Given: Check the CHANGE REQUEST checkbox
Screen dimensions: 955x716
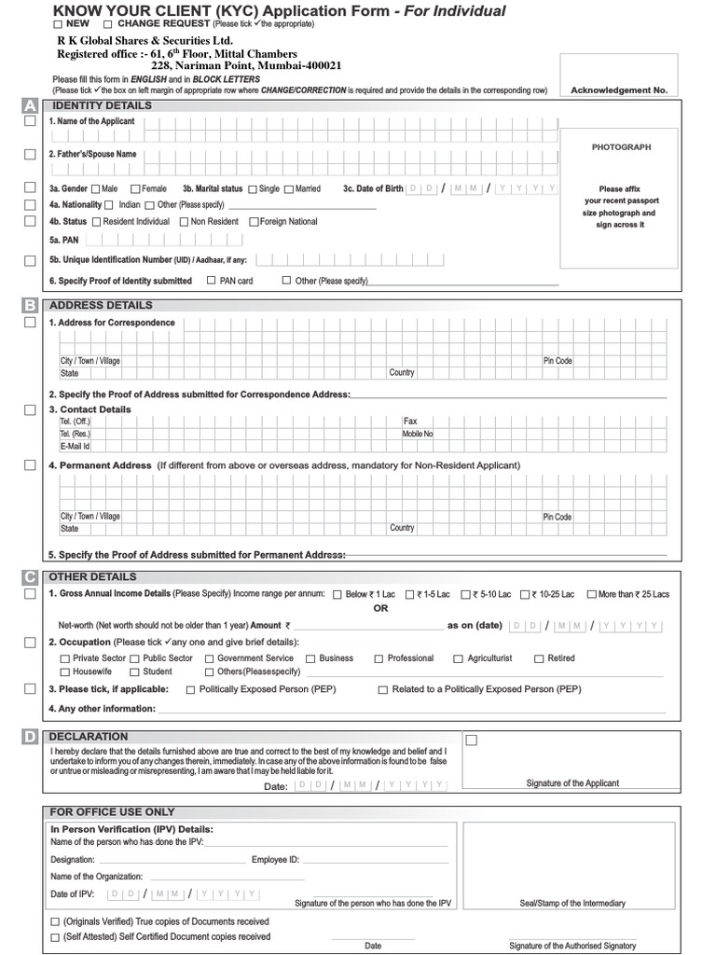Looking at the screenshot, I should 107,23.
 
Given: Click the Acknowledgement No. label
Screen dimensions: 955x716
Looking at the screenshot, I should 619,90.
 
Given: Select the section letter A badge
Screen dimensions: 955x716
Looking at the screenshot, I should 30,106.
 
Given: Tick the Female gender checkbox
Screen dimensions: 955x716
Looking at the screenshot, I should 136,189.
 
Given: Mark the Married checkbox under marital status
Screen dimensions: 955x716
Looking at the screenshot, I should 288,189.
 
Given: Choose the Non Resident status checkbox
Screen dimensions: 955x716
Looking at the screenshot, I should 184,222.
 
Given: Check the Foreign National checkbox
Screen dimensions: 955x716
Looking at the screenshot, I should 254,222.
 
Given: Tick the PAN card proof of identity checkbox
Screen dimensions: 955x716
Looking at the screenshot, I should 212,280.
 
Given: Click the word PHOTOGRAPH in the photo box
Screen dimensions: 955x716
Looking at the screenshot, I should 621,147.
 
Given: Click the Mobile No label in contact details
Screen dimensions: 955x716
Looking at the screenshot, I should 418,434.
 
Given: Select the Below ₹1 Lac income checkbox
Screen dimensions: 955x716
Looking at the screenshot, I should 337,594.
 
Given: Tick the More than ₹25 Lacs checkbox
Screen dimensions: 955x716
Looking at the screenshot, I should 590,594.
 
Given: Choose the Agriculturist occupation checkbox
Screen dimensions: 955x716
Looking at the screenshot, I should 459,659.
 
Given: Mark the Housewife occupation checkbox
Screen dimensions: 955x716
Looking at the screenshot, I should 64,672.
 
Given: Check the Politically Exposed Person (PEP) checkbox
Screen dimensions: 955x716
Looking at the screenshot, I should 191,690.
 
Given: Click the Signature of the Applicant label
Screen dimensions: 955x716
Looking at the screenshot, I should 572,783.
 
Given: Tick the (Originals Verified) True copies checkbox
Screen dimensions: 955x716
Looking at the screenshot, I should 55,922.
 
